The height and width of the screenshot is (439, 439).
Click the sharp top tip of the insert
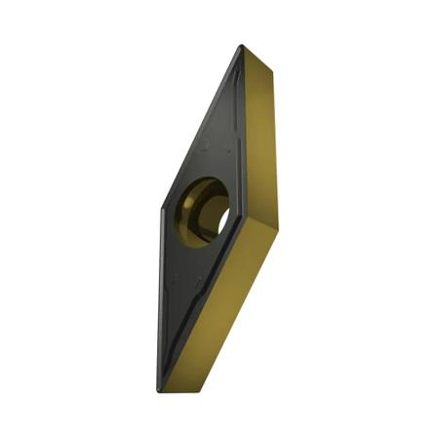(240, 46)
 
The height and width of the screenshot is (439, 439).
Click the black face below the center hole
(190, 293)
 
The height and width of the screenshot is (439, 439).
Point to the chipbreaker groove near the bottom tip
(172, 361)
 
